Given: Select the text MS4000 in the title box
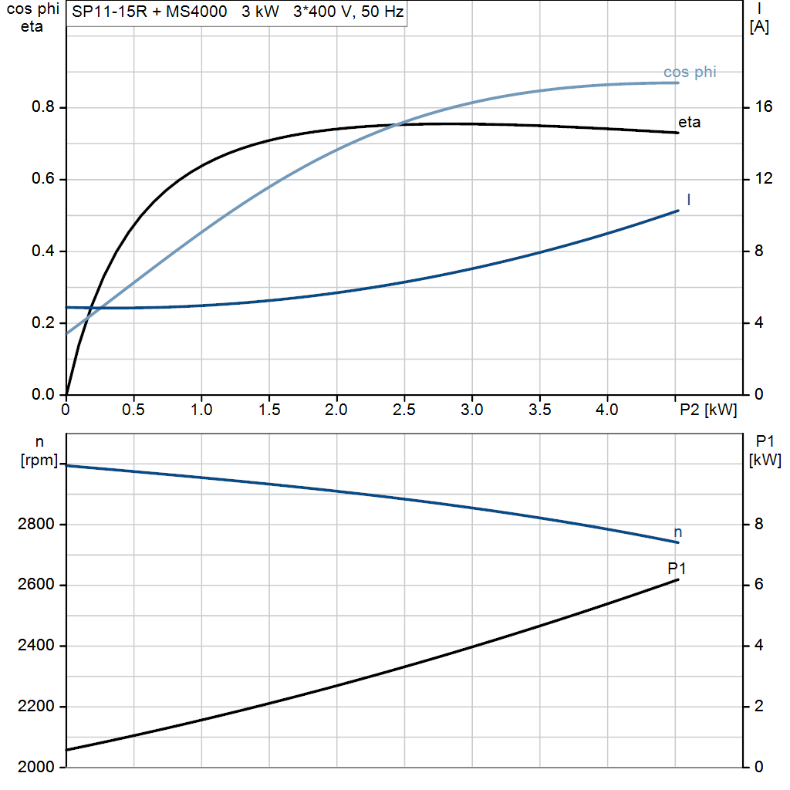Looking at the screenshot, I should pos(196,12).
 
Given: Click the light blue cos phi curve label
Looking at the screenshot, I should pos(690,73).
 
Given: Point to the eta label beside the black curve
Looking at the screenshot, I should pos(689,122).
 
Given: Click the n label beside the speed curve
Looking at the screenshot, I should pos(678,532).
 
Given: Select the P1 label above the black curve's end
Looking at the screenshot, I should pos(677,569).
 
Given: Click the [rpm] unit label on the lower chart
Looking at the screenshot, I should pos(39,461).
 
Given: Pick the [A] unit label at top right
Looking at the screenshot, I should pos(759,27).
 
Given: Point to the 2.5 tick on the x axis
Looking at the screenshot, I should pos(404,410).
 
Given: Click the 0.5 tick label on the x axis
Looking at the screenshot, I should pos(133,410).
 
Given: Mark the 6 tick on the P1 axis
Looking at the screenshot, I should pos(758,585).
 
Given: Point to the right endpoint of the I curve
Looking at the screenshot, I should pos(678,210).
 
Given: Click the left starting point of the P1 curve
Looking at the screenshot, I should pos(67,749).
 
